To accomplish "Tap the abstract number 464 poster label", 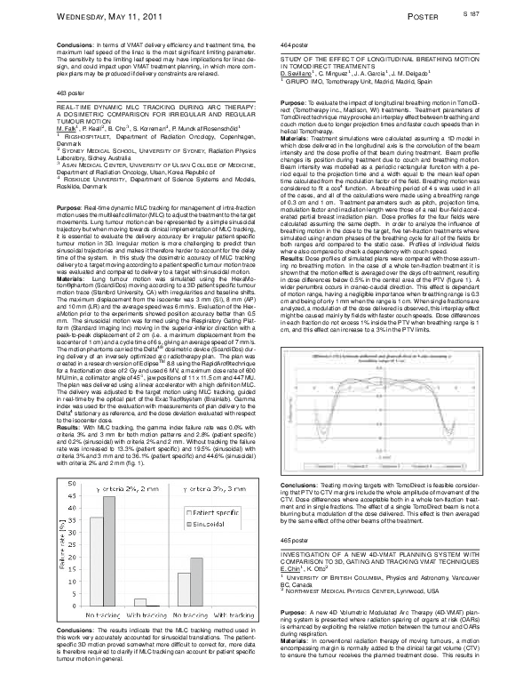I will click(292, 44).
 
